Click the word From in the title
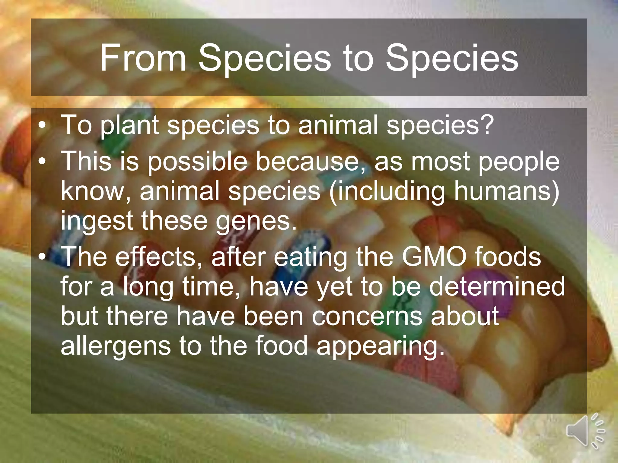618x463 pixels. [x=143, y=58]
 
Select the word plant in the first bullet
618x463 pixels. [x=130, y=125]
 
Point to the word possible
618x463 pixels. [x=197, y=162]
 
